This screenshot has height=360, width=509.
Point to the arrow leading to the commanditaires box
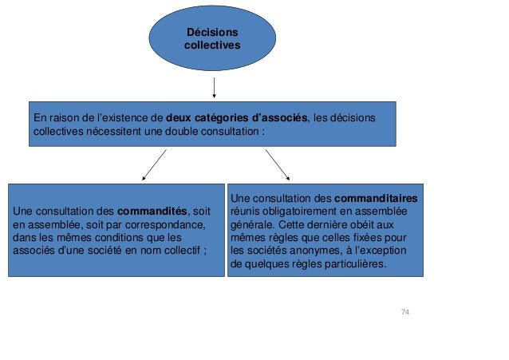coord(278,165)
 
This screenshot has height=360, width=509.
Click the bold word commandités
coord(152,211)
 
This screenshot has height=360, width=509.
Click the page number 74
coord(405,311)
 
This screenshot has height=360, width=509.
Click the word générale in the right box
coord(252,224)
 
